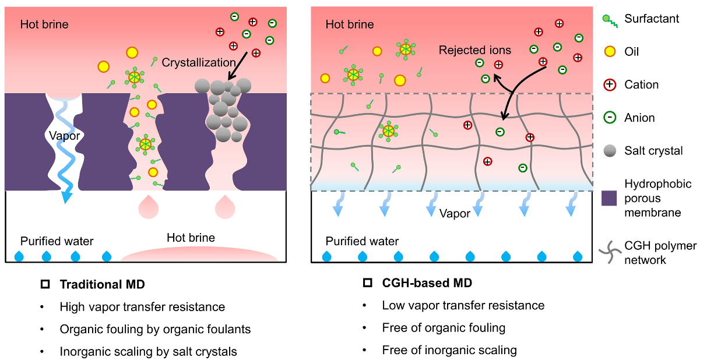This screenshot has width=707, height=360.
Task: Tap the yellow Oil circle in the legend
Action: click(x=610, y=52)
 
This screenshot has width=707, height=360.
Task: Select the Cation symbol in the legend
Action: click(x=610, y=85)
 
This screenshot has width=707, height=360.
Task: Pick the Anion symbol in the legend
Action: click(x=610, y=118)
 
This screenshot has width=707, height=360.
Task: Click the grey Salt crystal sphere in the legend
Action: click(x=610, y=151)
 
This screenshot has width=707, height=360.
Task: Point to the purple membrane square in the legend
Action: click(x=610, y=199)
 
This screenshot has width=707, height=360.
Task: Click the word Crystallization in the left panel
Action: click(x=198, y=62)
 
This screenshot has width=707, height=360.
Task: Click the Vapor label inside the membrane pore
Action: click(x=64, y=136)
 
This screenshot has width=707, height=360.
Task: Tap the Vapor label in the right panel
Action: click(x=455, y=214)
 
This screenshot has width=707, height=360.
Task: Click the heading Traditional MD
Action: click(x=102, y=285)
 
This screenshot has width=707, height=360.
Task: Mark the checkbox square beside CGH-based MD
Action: click(x=367, y=284)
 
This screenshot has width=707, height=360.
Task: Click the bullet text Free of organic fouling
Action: click(x=444, y=328)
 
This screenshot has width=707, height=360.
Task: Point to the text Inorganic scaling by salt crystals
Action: click(x=148, y=352)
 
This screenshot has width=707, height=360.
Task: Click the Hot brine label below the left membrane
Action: click(x=191, y=238)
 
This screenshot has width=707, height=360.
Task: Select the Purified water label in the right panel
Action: click(x=362, y=241)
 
